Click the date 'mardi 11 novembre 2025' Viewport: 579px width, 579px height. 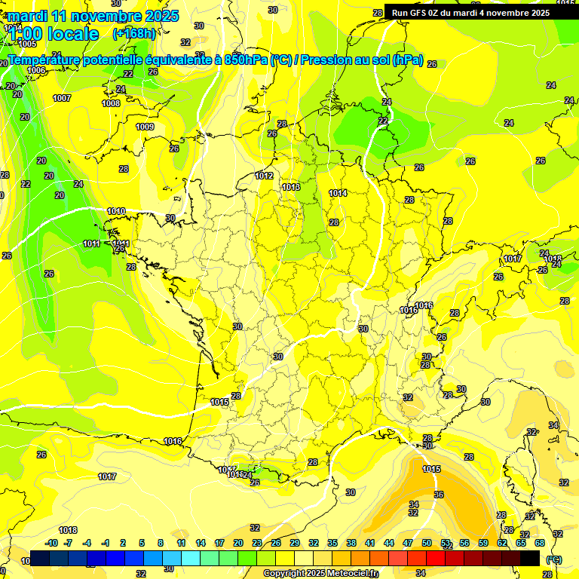(93, 16)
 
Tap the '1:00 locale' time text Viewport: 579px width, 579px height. (54, 34)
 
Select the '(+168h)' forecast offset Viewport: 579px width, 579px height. (134, 33)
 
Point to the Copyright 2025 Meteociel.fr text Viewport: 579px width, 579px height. (320, 574)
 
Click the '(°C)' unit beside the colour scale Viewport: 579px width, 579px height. (553, 559)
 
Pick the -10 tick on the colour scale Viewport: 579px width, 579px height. (51, 543)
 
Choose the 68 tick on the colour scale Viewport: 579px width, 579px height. (540, 543)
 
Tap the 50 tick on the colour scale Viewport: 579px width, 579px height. (427, 543)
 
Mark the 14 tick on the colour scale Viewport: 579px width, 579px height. (201, 543)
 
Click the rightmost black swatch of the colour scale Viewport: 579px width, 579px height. (530, 558)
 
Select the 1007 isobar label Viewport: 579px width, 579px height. (62, 99)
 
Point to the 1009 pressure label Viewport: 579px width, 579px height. (145, 127)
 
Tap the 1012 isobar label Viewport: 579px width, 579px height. (264, 176)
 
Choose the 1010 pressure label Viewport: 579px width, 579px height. (116, 212)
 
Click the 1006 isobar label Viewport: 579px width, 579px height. (36, 70)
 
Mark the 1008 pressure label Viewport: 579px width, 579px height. (111, 104)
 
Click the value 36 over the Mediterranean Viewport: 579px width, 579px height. (439, 495)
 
